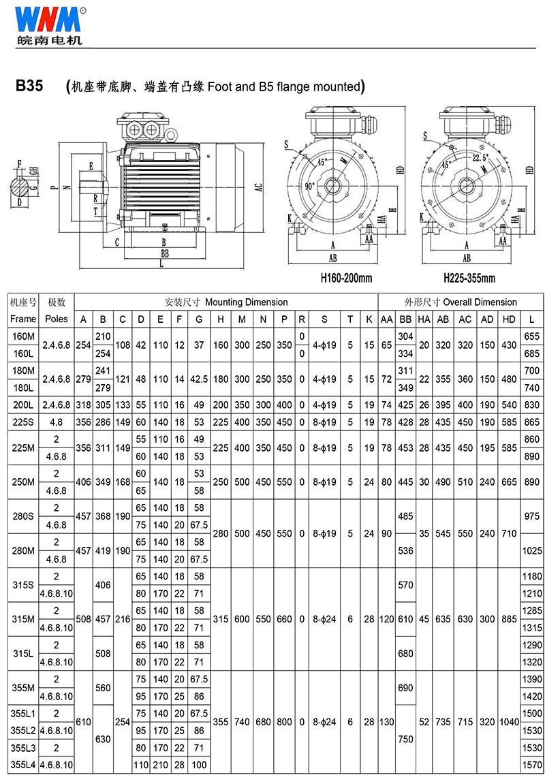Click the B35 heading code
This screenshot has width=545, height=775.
click(x=29, y=86)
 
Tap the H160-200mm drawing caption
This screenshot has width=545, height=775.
click(x=346, y=278)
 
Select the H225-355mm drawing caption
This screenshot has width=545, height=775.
click(x=469, y=278)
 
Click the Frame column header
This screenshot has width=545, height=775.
click(x=23, y=319)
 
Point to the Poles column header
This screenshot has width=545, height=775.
click(x=57, y=319)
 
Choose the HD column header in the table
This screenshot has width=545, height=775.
click(x=509, y=319)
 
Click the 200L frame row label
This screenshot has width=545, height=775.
click(x=23, y=405)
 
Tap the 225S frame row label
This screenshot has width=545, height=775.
click(x=23, y=422)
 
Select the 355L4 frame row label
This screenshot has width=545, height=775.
click(x=23, y=765)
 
